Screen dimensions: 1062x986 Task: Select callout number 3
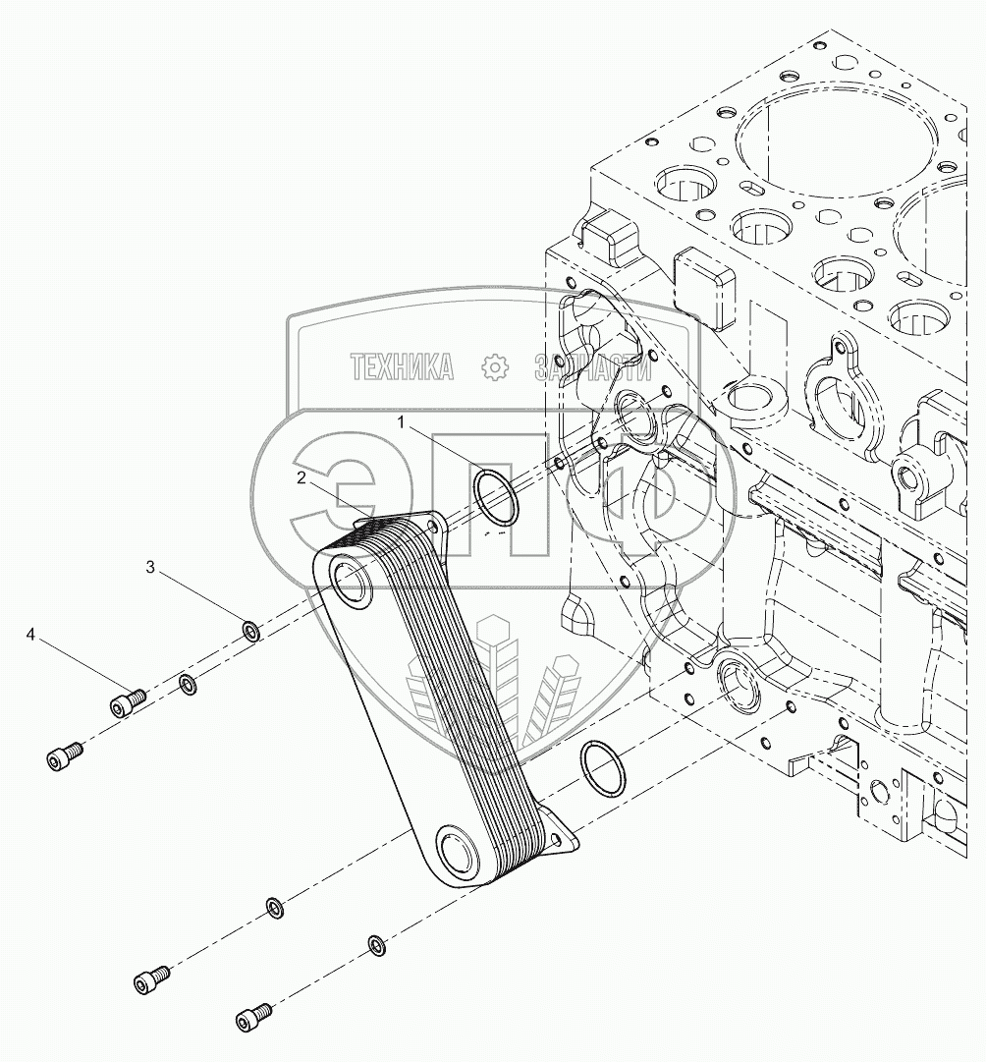(x=149, y=567)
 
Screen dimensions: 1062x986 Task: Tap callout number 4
(x=30, y=636)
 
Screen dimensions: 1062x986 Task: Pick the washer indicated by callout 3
(x=250, y=630)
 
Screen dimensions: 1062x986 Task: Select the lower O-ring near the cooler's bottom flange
(x=600, y=769)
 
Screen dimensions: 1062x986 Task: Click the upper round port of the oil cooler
(x=351, y=583)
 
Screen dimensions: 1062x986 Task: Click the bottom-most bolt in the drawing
(x=252, y=1016)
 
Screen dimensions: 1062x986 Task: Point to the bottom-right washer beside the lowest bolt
(x=375, y=945)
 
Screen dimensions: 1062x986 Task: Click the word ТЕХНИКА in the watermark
(x=402, y=366)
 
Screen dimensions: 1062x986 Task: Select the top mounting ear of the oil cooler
(x=432, y=530)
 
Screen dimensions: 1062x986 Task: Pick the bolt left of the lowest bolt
(x=150, y=978)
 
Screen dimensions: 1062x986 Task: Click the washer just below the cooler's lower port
(x=277, y=907)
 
